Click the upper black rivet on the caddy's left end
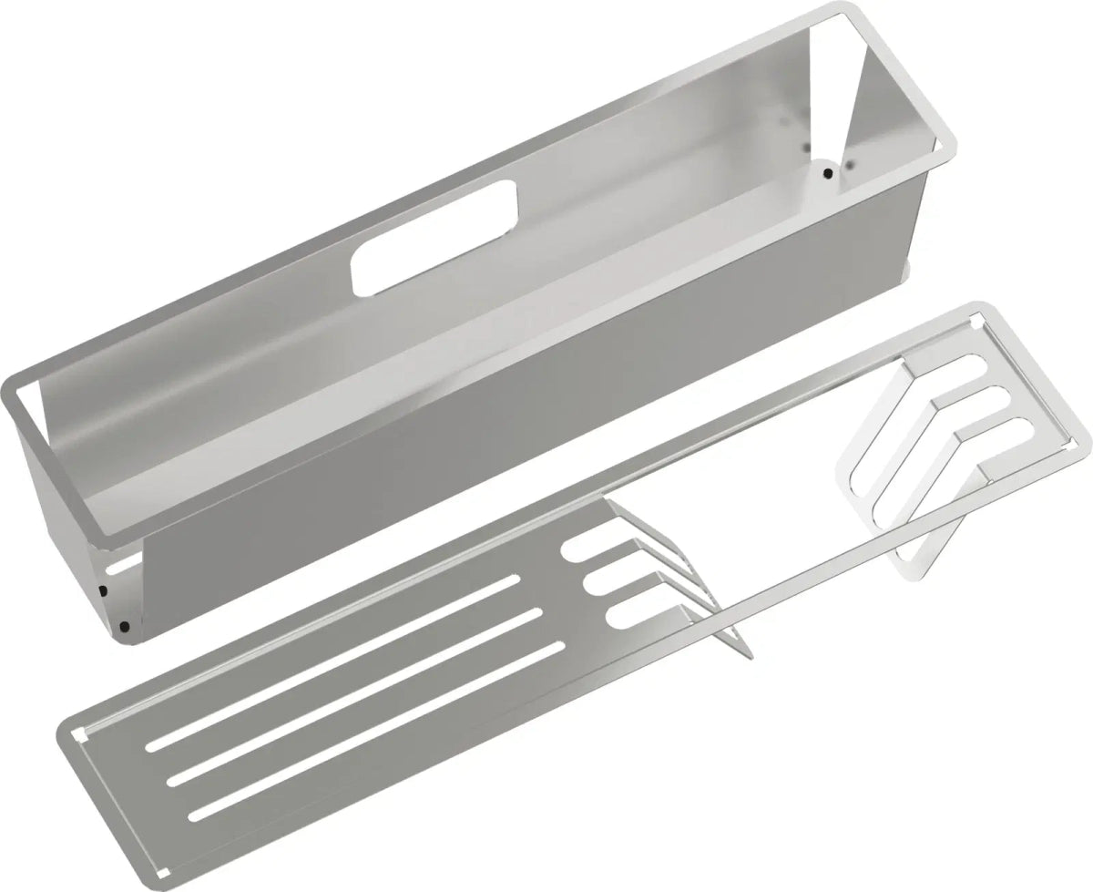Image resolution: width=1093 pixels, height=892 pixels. coord(103,590)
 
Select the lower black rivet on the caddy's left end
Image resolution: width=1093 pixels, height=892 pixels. coord(124,627)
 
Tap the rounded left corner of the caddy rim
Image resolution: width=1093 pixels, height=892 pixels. coord(13,387)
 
